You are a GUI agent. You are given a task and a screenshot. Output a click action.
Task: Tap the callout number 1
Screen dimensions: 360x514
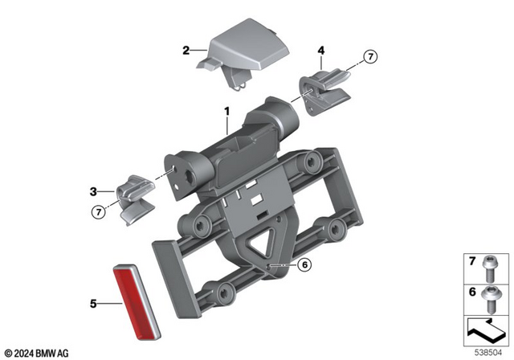226,112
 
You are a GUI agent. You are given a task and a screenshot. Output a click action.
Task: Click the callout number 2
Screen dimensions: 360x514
186,50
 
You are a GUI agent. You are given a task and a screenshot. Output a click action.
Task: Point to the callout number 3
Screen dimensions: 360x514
93,191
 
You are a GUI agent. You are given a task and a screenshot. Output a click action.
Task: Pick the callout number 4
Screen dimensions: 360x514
321,51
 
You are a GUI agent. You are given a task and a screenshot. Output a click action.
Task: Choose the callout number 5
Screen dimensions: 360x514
93,304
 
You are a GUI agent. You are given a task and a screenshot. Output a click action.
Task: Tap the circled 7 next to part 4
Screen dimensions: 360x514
369,57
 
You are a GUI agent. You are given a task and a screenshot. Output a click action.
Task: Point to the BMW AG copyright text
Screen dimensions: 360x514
39,351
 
